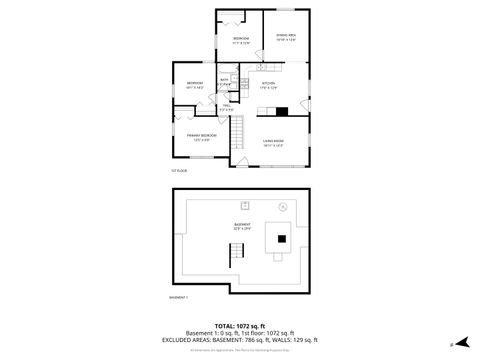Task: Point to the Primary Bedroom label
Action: click(201, 136)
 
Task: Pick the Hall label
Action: click(227, 106)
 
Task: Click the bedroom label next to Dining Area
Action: click(241, 39)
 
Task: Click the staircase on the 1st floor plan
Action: click(237, 131)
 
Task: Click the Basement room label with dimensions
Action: click(242, 225)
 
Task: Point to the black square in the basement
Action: click(283, 238)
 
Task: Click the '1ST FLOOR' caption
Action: click(179, 171)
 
